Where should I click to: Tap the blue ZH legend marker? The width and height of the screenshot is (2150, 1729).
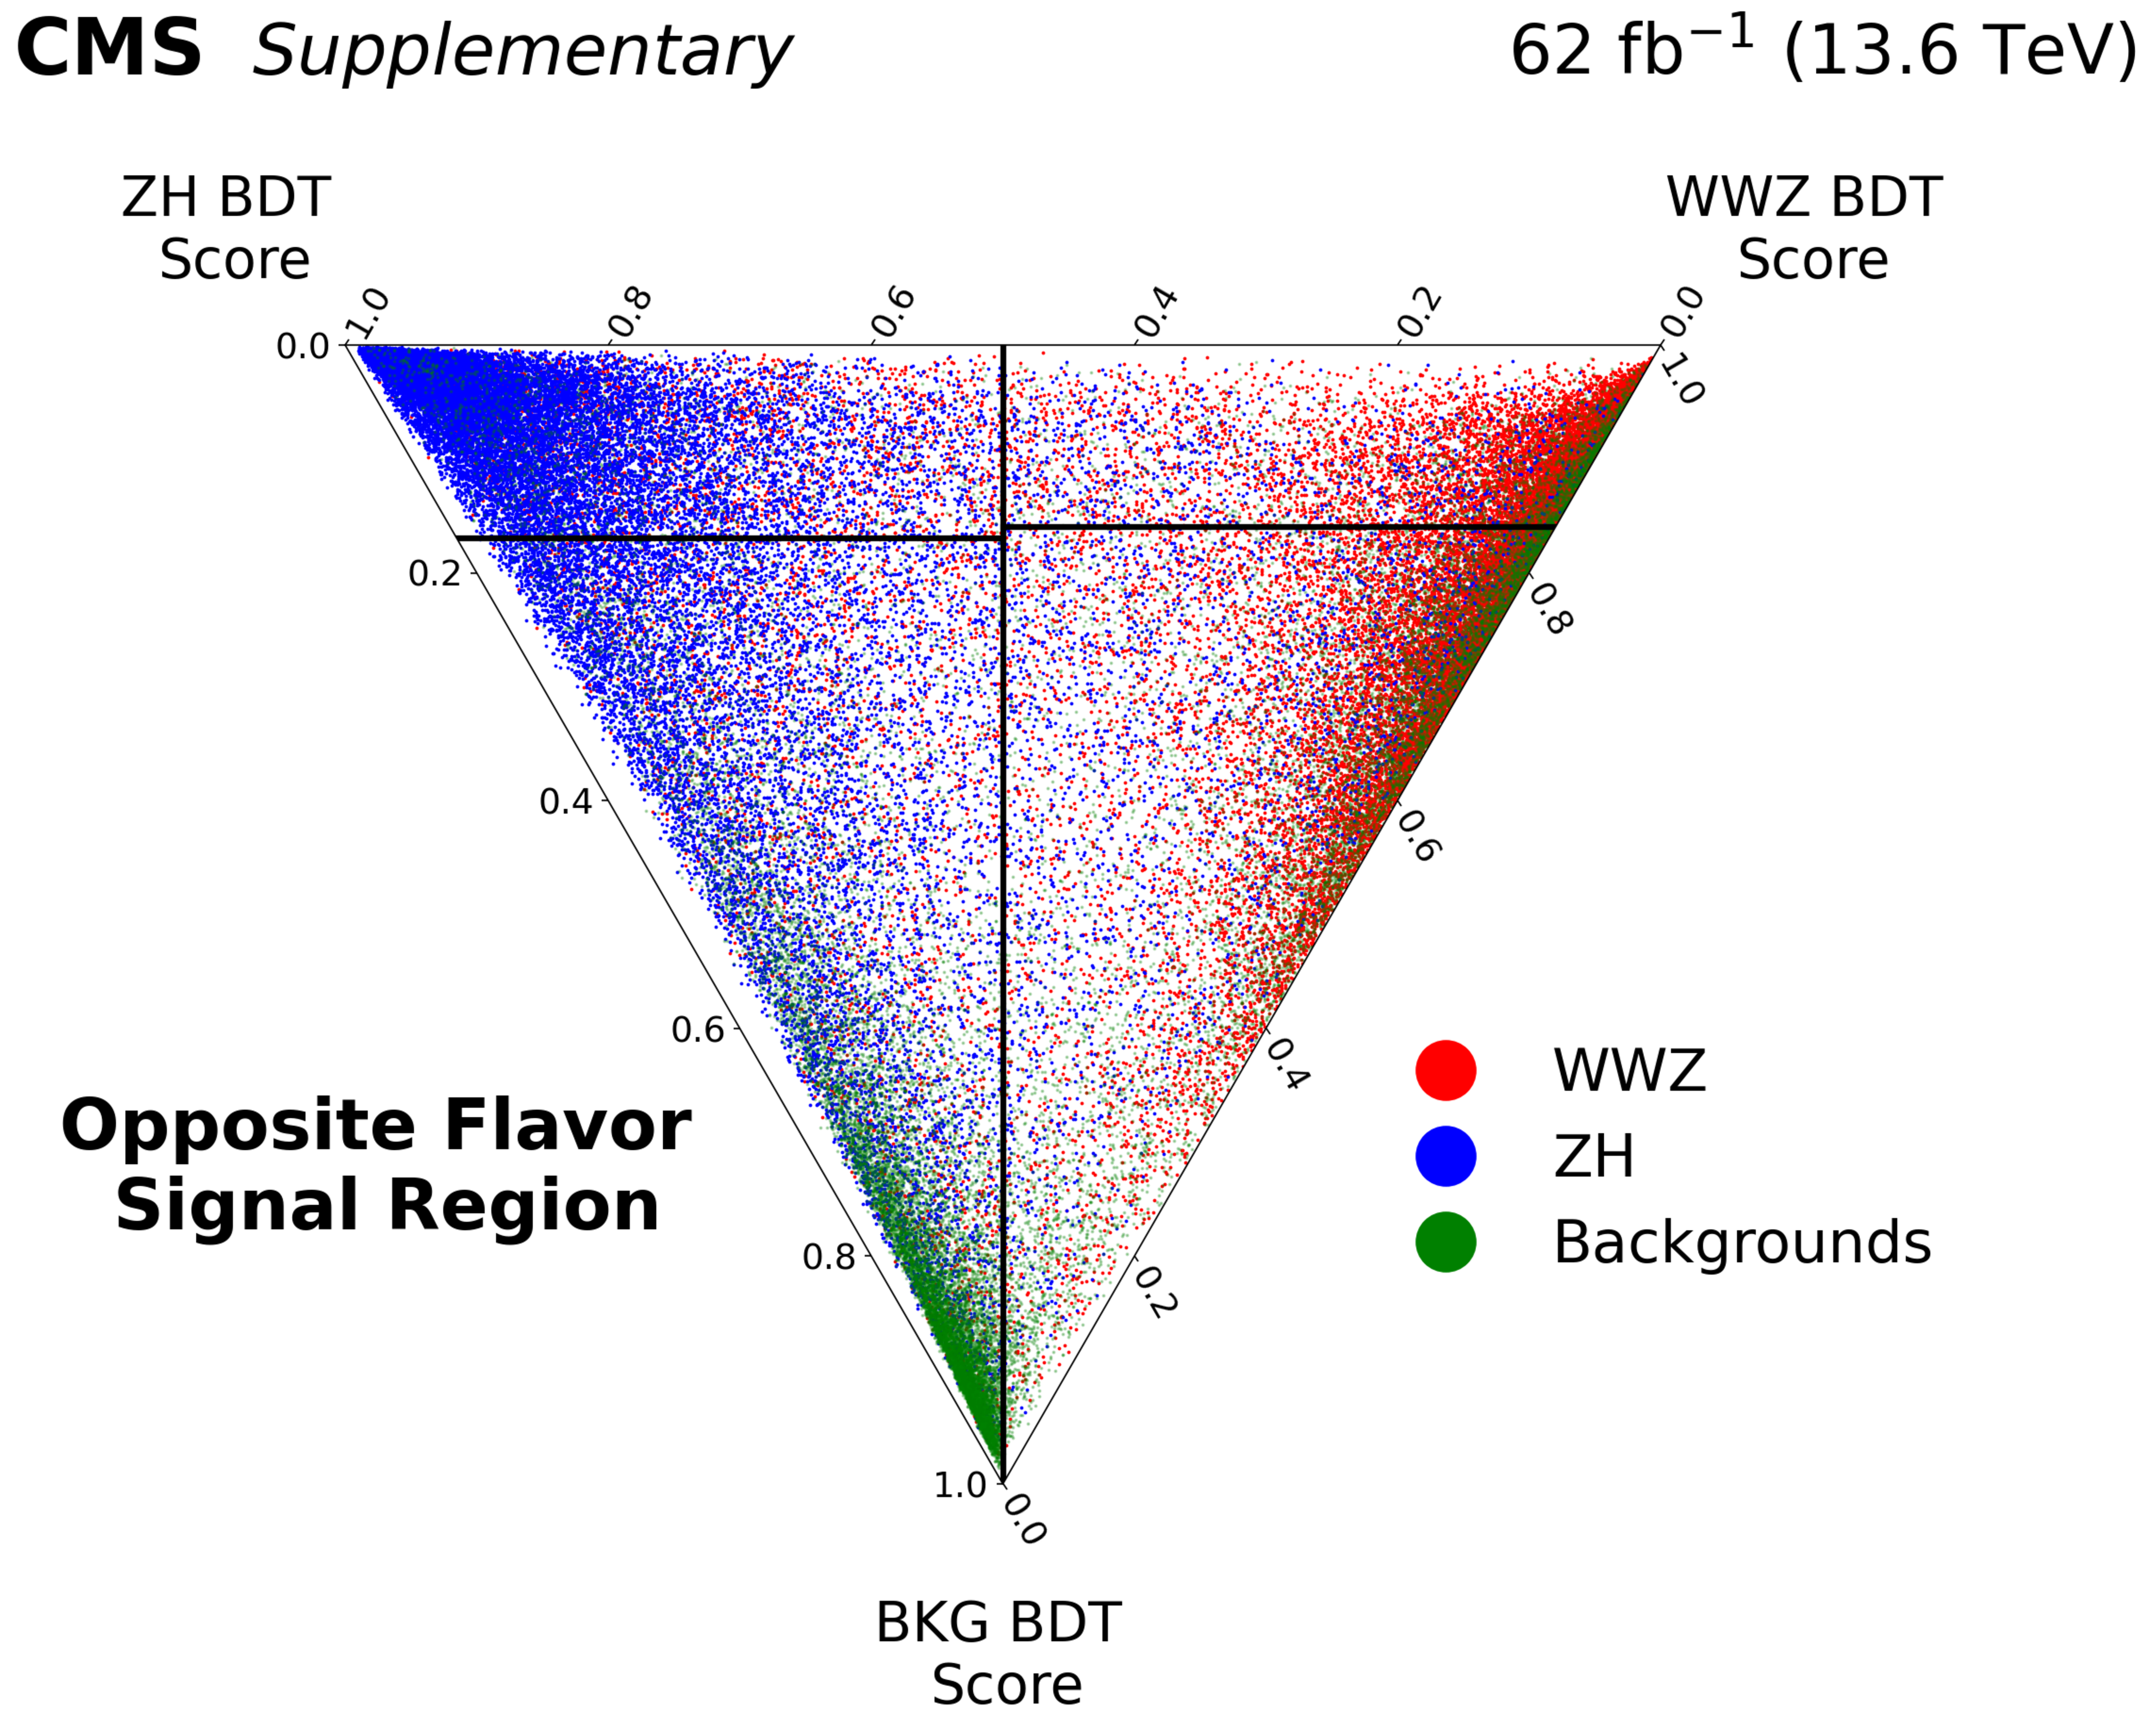point(1445,1157)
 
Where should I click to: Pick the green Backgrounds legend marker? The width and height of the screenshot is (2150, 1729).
point(1445,1242)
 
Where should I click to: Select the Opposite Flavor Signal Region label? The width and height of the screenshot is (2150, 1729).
point(377,1165)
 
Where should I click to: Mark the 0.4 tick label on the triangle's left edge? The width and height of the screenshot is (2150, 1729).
point(566,801)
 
